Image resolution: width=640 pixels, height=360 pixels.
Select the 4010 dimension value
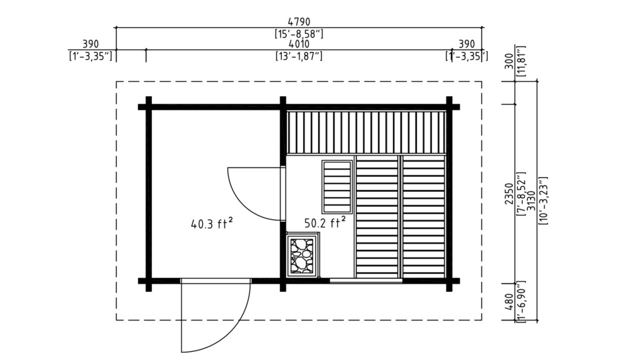click(x=299, y=44)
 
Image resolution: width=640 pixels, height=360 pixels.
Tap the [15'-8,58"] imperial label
click(x=299, y=32)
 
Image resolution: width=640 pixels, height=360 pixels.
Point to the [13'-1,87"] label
click(x=299, y=56)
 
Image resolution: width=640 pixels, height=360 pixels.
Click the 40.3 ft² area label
click(x=212, y=222)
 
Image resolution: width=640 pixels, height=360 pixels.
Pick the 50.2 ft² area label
click(x=325, y=222)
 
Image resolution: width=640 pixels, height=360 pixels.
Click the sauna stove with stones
click(x=302, y=254)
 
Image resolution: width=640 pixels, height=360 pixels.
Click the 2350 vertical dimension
click(x=509, y=194)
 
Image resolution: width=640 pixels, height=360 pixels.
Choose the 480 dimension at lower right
click(x=509, y=302)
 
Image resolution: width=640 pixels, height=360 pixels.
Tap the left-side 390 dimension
click(x=91, y=44)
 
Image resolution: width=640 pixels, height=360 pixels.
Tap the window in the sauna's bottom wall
click(x=366, y=281)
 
